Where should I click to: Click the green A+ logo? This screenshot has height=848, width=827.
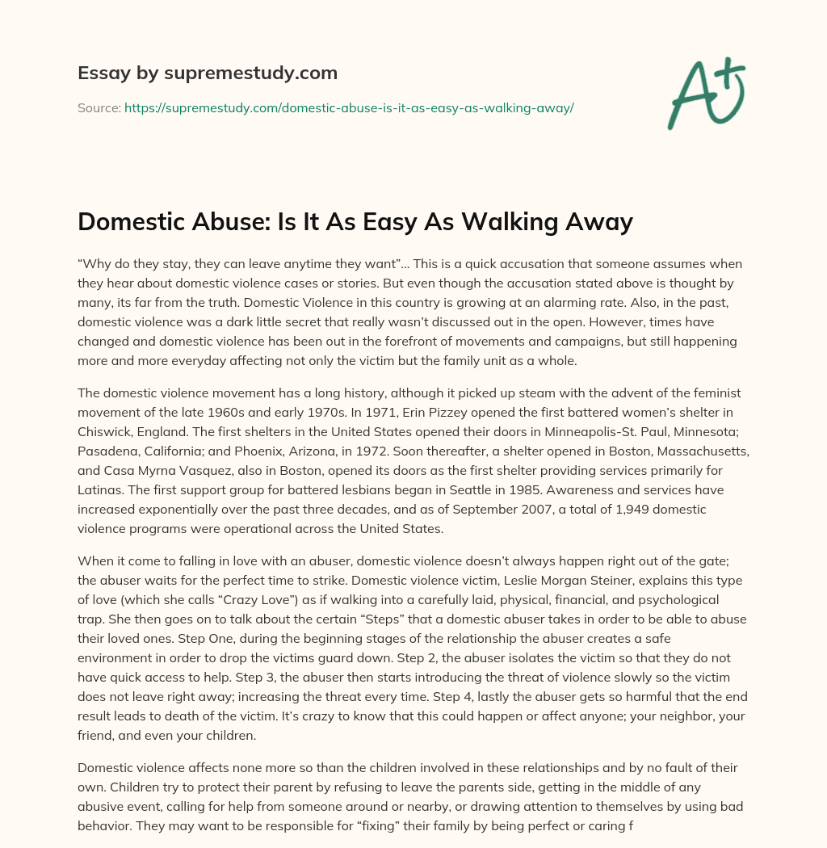tap(705, 93)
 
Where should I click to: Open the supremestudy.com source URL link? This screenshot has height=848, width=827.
tap(349, 107)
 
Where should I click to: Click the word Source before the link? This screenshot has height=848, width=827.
tap(99, 107)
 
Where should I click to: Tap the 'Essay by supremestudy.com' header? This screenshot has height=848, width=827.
tap(208, 73)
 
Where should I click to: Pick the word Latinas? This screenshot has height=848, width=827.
tap(102, 490)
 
